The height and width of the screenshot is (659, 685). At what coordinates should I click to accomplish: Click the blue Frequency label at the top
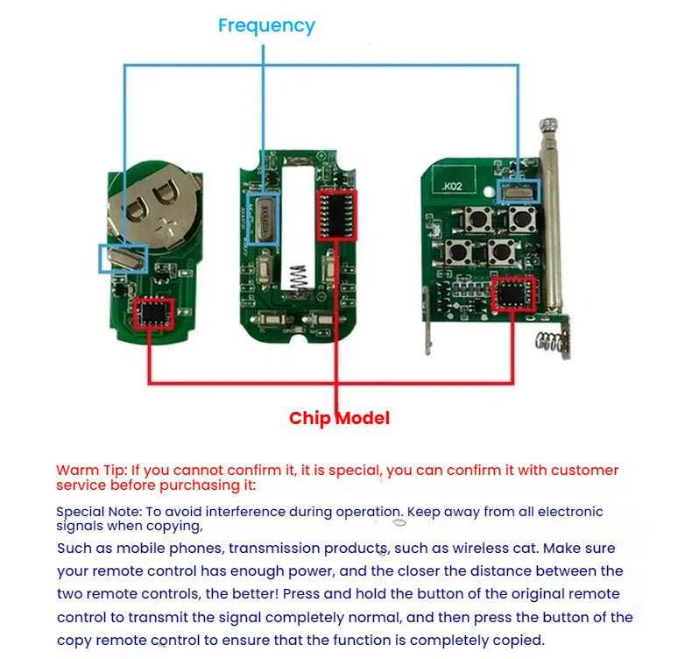(266, 25)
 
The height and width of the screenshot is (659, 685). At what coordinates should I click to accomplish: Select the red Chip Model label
(339, 418)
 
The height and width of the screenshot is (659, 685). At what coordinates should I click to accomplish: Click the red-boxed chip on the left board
(154, 313)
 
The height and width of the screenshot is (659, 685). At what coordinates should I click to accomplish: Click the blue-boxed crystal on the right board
(519, 190)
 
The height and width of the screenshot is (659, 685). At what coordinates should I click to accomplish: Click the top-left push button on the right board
(478, 216)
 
